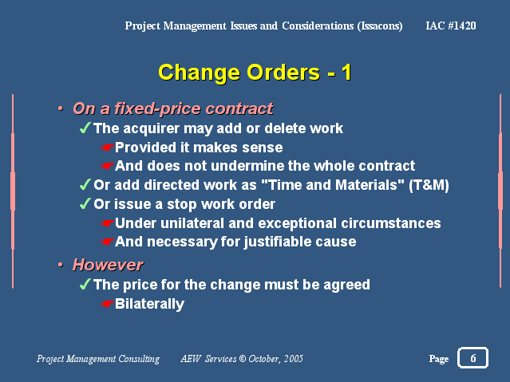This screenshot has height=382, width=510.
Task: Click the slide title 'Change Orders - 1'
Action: pos(255,73)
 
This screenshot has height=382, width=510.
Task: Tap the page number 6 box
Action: pos(472,358)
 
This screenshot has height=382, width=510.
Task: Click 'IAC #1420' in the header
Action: pos(451,26)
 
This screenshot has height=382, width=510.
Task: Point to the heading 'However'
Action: pos(108,265)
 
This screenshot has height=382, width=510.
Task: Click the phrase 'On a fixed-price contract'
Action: pos(173,109)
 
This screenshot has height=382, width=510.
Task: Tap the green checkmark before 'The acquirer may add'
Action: pos(85,128)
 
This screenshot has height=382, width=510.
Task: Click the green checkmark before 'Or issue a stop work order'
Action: pos(85,204)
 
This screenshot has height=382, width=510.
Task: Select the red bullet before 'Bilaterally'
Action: pos(107,304)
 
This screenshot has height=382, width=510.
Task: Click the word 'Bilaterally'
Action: pos(149,304)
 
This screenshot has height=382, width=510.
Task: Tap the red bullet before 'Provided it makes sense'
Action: pos(107,148)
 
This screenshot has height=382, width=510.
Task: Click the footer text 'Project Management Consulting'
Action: pos(98,359)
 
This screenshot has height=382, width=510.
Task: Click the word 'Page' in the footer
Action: pos(439,359)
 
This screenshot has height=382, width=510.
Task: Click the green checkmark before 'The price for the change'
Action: pos(85,284)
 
